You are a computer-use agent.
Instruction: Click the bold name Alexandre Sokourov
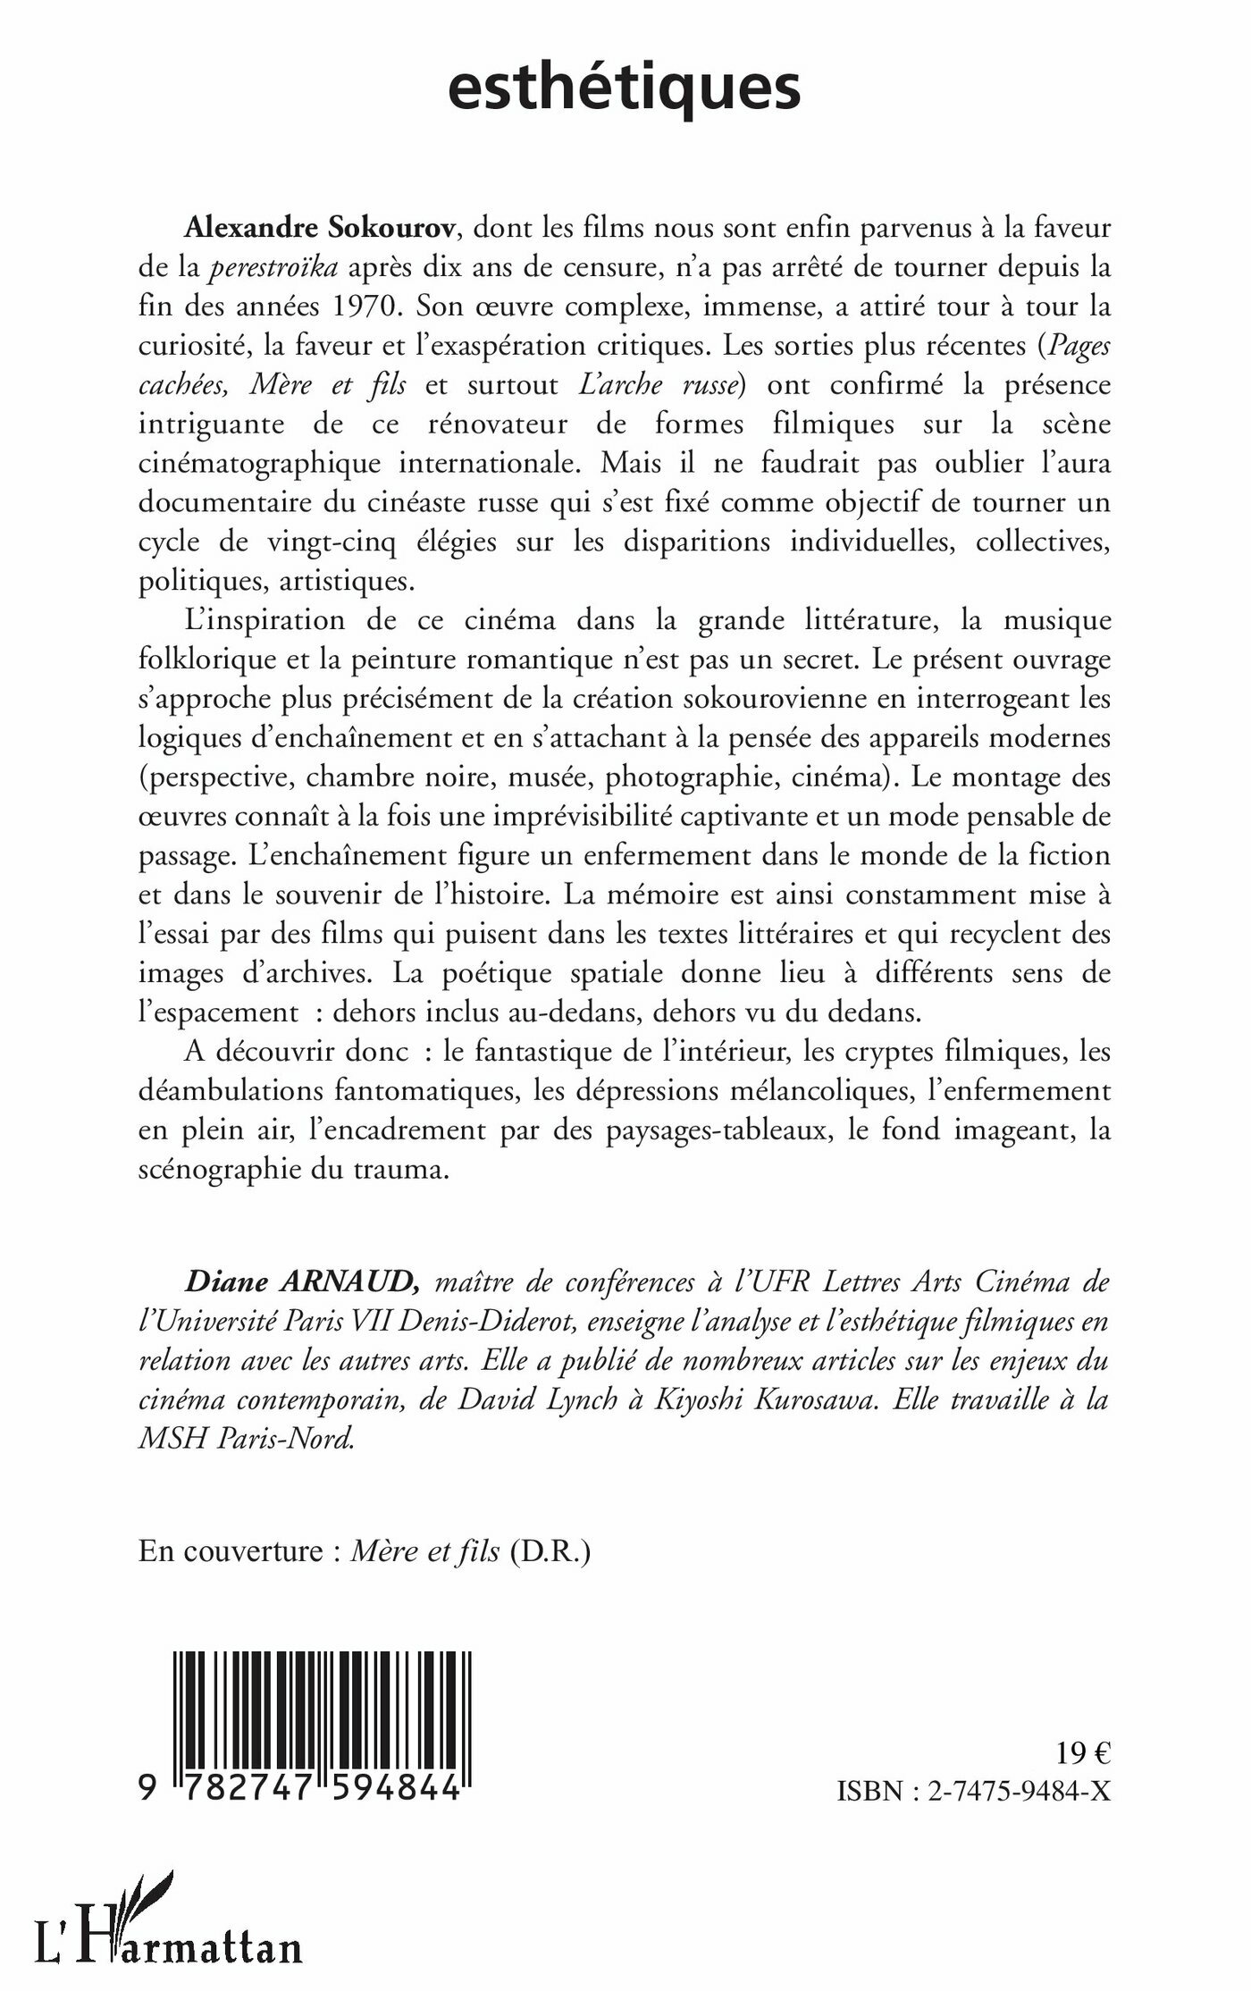click(321, 229)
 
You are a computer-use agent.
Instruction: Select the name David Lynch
click(535, 1400)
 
